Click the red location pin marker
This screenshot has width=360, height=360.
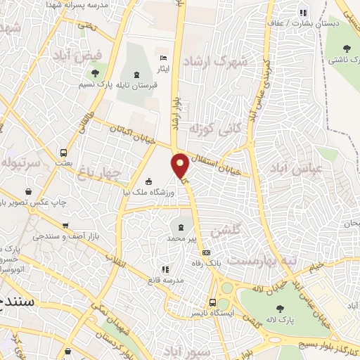pos(181,165)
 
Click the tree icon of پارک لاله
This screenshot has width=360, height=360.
pos(280,308)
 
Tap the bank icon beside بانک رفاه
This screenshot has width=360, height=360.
pos(206,252)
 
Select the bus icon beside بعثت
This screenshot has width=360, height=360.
pos(64,152)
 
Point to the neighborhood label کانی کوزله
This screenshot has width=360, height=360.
pos(205,130)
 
